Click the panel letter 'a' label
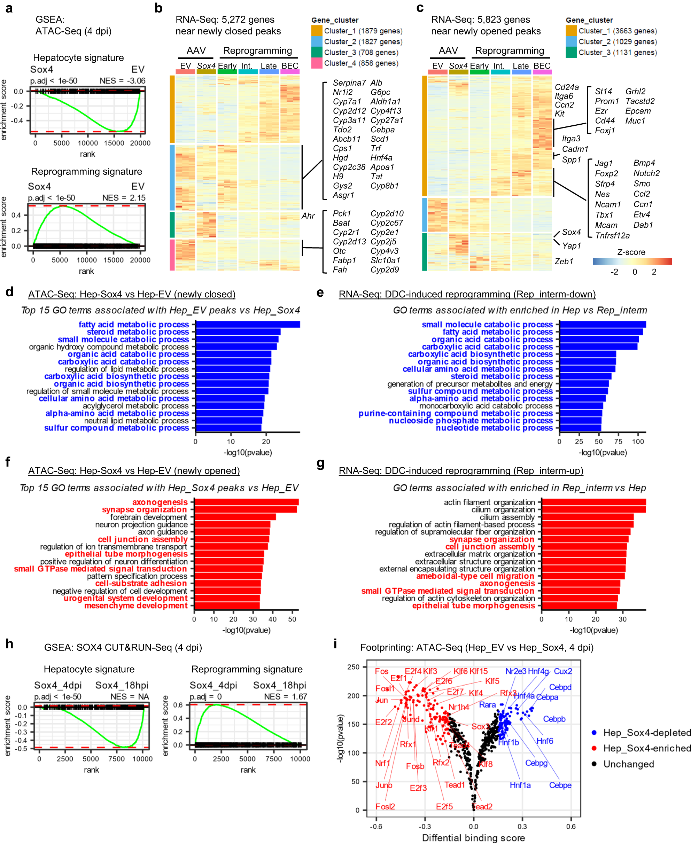coord(9,8)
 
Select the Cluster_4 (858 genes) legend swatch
coord(317,63)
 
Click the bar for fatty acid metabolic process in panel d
coord(247,325)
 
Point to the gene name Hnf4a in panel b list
coord(381,158)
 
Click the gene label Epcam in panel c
coord(638,111)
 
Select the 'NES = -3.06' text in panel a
coord(122,81)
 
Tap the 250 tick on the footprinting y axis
coord(353,667)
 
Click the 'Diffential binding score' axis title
coord(473,837)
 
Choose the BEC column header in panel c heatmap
coord(542,66)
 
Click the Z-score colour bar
coord(632,261)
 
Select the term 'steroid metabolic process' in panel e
coord(502,376)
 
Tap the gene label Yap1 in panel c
coord(571,245)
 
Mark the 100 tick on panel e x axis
coord(638,442)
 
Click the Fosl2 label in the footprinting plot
coord(385,806)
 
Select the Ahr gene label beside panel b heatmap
coord(308,216)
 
